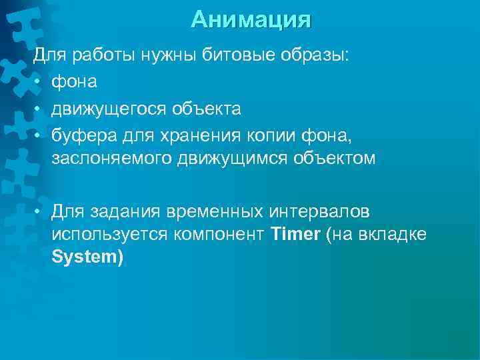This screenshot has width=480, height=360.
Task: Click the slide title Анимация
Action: pos(251,19)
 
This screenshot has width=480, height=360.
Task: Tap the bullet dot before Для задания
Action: pos(39,212)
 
